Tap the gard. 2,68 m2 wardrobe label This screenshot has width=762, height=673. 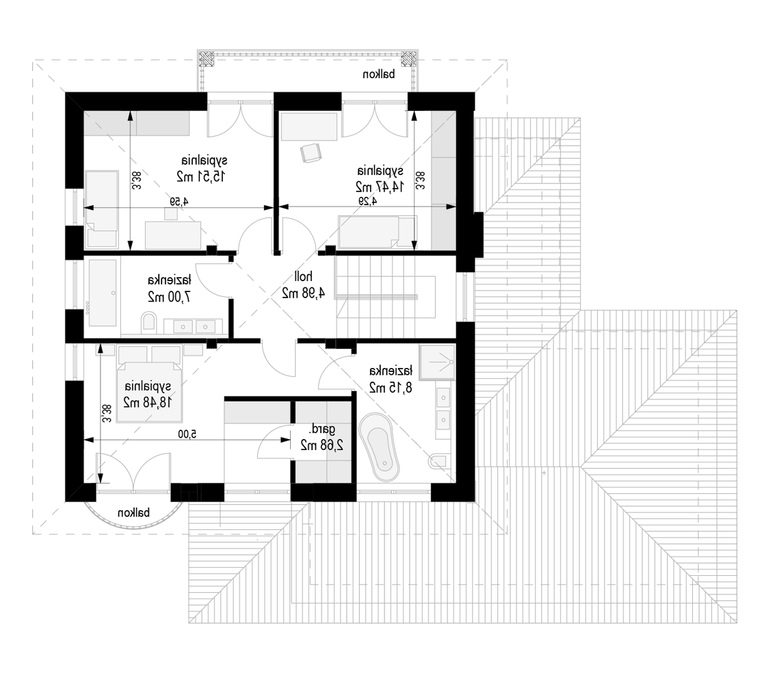[322, 437]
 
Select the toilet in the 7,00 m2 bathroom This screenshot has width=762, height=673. [149, 323]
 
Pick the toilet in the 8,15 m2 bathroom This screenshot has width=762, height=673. [440, 461]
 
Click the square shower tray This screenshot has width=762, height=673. [437, 362]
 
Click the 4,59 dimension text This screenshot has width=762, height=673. [179, 201]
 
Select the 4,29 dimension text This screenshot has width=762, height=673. [368, 201]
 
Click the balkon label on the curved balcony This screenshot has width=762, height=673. [133, 513]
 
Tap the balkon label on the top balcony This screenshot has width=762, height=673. [379, 75]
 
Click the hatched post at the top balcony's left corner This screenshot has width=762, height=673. [207, 58]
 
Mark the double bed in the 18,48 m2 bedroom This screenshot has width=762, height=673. [149, 384]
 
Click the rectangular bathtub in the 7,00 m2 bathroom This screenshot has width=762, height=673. [103, 293]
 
